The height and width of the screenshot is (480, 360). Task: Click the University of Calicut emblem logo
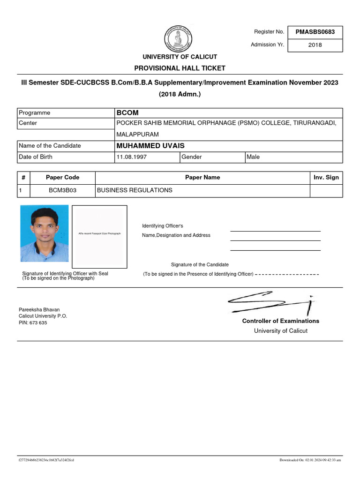pos(180,38)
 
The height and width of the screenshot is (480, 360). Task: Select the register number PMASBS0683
pos(315,32)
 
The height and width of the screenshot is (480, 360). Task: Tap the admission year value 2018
pos(315,45)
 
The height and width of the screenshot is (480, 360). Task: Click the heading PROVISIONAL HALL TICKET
pos(180,68)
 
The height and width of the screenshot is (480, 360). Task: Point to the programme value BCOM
pos(127,113)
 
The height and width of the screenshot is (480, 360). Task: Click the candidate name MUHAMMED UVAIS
pos(150,146)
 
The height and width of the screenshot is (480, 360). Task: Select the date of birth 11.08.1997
pos(132,157)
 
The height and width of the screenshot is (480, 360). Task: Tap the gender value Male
pos(253,157)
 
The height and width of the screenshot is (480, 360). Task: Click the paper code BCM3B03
pos(62,190)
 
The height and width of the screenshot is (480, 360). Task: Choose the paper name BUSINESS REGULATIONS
pos(135,190)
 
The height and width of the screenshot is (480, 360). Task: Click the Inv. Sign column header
pos(326,178)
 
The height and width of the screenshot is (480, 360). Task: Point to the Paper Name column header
pos(202,178)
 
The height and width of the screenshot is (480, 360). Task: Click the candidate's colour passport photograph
pos(44,233)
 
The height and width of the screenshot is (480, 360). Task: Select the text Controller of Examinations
pos(280,321)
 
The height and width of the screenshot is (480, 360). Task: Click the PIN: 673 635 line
pos(33,323)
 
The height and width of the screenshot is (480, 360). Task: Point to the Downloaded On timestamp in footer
pos(310,460)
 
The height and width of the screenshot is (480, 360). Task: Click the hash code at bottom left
pos(46,460)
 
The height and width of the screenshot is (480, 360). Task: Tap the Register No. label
pos(269,32)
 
